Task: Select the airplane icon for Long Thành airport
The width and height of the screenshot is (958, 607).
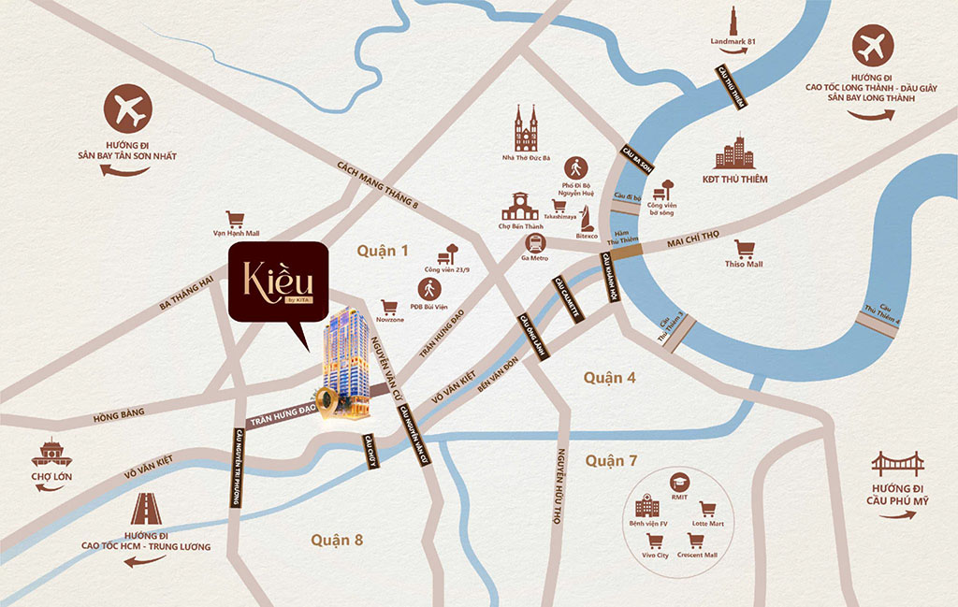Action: [x=873, y=45]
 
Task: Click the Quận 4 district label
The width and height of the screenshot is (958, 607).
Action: [x=610, y=377]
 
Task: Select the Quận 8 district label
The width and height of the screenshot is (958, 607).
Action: [x=337, y=540]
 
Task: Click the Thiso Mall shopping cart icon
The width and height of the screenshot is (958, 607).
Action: [x=745, y=248]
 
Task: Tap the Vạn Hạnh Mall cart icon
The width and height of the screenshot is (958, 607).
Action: [x=235, y=220]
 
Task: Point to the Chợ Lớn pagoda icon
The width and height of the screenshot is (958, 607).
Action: [x=51, y=453]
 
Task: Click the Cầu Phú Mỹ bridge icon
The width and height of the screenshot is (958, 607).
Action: [x=897, y=465]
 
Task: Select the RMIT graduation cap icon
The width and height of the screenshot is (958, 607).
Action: [x=679, y=482]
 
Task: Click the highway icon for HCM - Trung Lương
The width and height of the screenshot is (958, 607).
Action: [x=145, y=509]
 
